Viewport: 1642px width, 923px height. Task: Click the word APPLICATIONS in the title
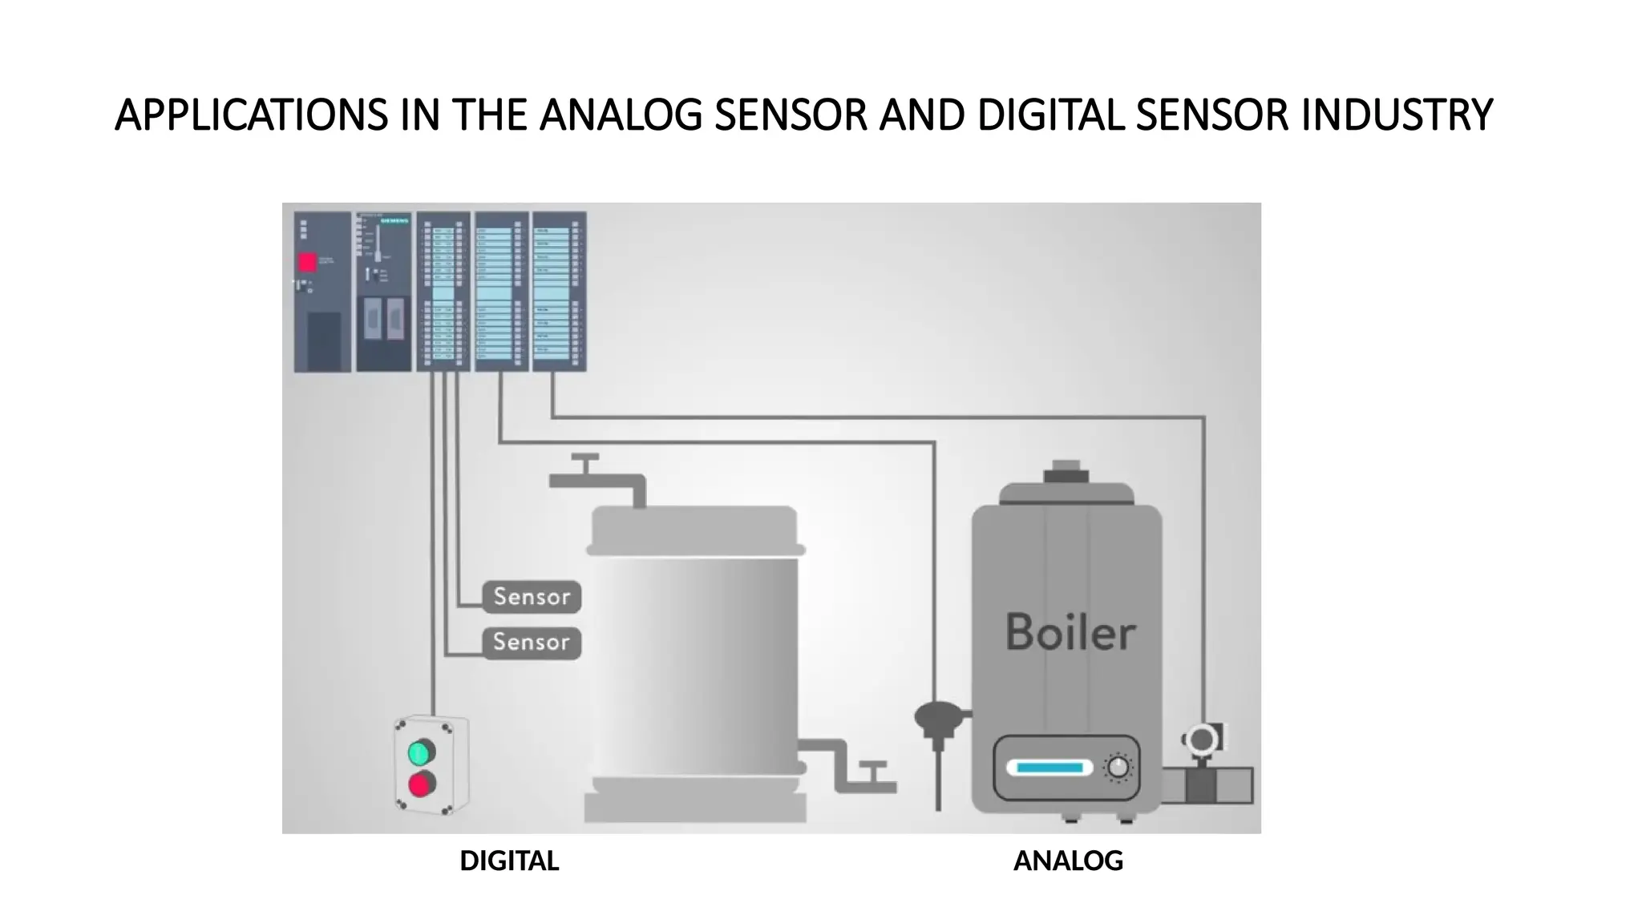tap(252, 115)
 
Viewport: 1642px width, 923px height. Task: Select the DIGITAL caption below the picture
tap(509, 861)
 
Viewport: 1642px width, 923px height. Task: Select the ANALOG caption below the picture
tap(1068, 861)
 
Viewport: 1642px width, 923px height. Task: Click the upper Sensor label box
tap(532, 597)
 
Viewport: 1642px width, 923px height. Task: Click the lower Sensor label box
tap(532, 643)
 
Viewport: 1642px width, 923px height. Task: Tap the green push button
tap(420, 752)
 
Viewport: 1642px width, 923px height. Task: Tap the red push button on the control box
tap(421, 784)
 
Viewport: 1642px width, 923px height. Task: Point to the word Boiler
tap(1070, 633)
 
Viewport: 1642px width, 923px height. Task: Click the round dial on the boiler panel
tap(1118, 768)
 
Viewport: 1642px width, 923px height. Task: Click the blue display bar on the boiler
tap(1050, 768)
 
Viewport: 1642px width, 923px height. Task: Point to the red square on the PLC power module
tap(307, 262)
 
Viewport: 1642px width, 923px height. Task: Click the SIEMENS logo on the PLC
tap(394, 220)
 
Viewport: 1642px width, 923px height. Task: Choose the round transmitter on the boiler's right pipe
tap(1201, 740)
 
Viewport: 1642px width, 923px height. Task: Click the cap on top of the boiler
tap(1066, 472)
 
